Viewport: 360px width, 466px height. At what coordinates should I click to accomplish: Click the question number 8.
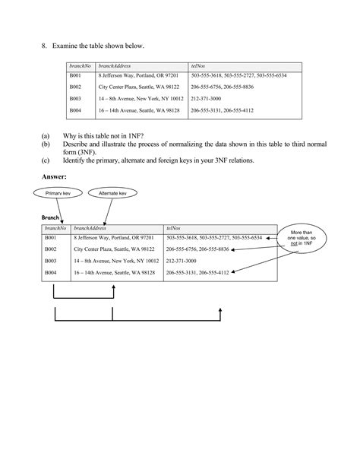point(44,46)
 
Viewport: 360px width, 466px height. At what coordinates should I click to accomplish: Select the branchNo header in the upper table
point(78,67)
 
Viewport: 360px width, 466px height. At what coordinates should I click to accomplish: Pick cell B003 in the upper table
point(75,99)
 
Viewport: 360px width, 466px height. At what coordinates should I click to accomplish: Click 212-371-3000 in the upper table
point(207,99)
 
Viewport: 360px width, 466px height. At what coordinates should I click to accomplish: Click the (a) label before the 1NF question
point(46,135)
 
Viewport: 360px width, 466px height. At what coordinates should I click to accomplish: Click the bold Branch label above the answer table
point(50,217)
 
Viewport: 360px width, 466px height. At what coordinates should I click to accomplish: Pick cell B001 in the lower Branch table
point(51,238)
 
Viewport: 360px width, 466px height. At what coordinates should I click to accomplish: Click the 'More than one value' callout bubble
point(302,236)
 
